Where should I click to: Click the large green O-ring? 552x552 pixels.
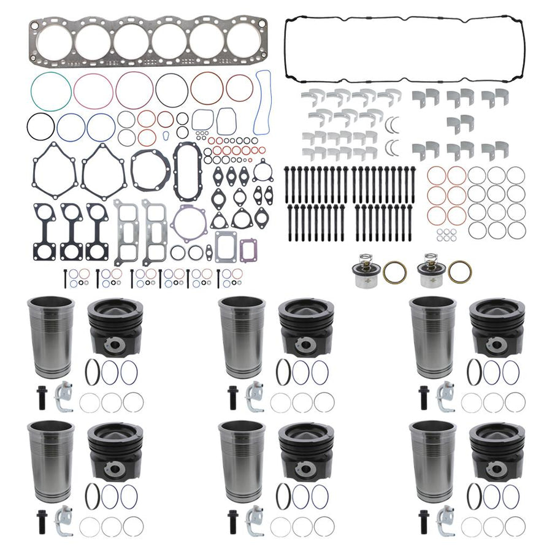(51, 92)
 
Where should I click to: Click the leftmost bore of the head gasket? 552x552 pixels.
(55, 42)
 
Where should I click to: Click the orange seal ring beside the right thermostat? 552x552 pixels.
(459, 271)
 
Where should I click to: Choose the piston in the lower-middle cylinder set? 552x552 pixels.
(305, 451)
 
